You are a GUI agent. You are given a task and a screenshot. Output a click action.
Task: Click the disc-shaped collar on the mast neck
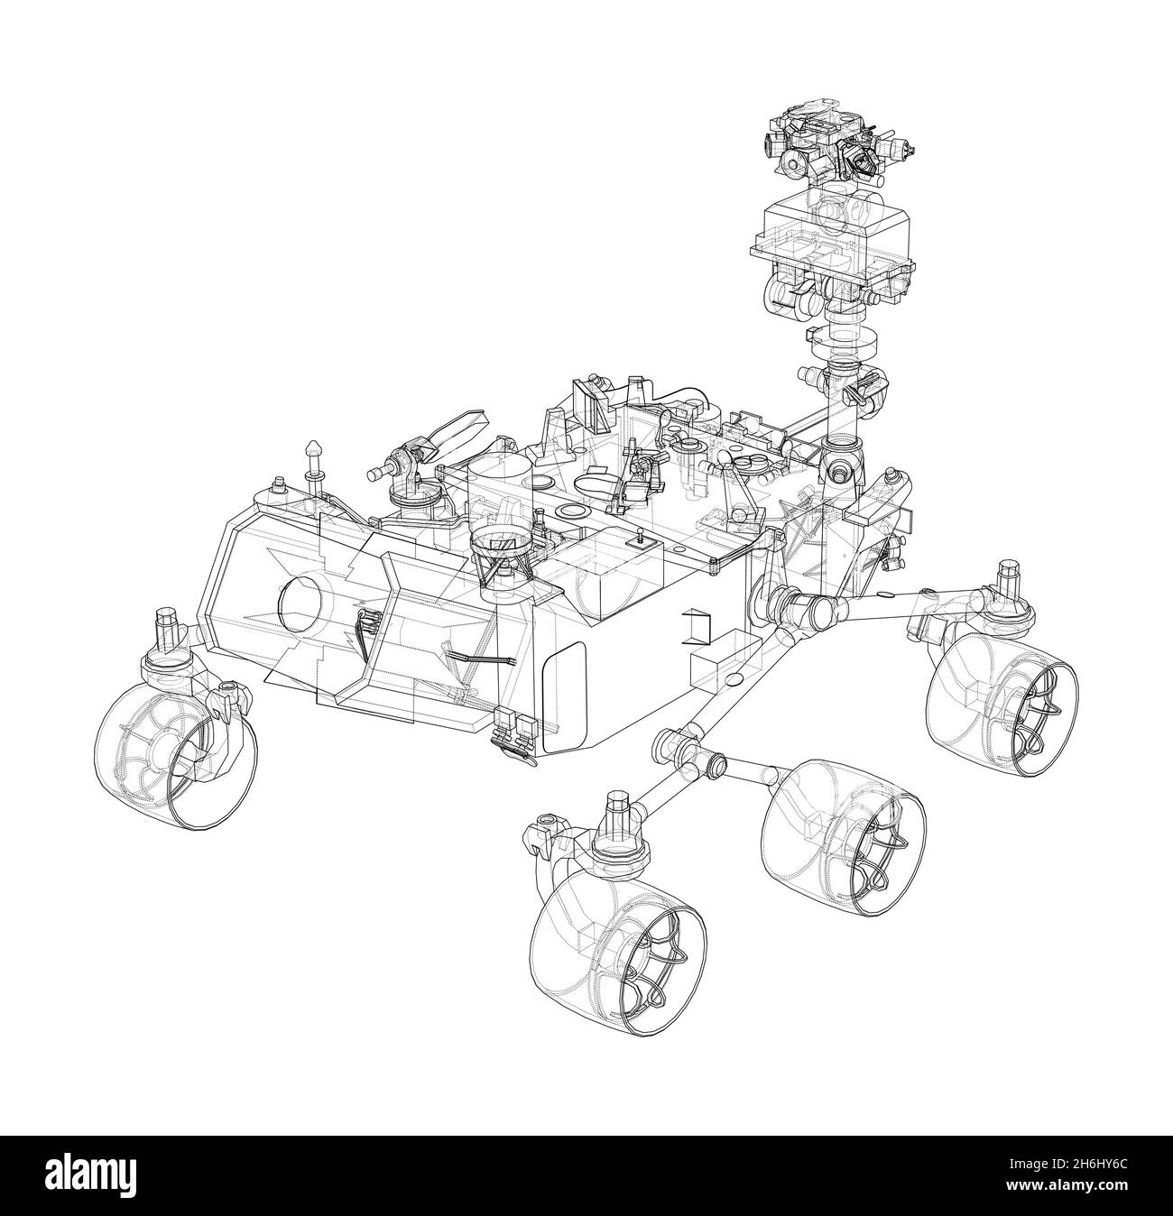pyautogui.click(x=849, y=343)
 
